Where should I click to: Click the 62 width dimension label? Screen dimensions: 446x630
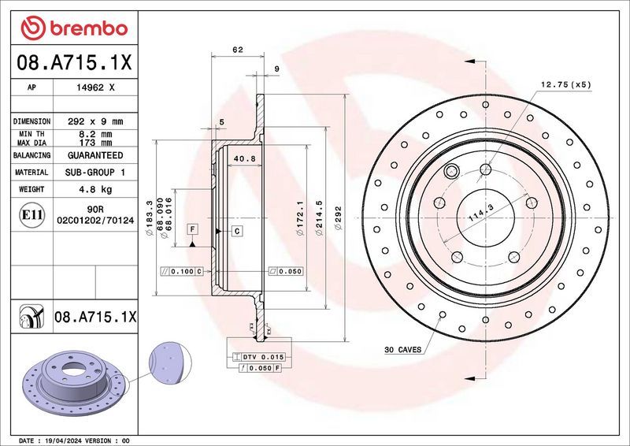[237, 50]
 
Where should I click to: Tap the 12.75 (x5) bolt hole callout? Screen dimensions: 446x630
[565, 84]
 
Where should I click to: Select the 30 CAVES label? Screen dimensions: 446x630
[402, 348]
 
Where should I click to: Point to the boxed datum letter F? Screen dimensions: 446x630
[191, 229]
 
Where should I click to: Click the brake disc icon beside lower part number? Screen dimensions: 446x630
[29, 317]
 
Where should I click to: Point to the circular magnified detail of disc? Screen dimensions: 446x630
[170, 364]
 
